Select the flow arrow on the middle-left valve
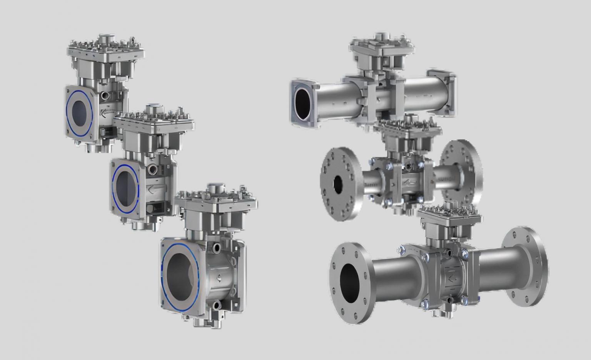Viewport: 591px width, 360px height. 152,189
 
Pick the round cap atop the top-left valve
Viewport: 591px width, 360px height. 105,39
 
